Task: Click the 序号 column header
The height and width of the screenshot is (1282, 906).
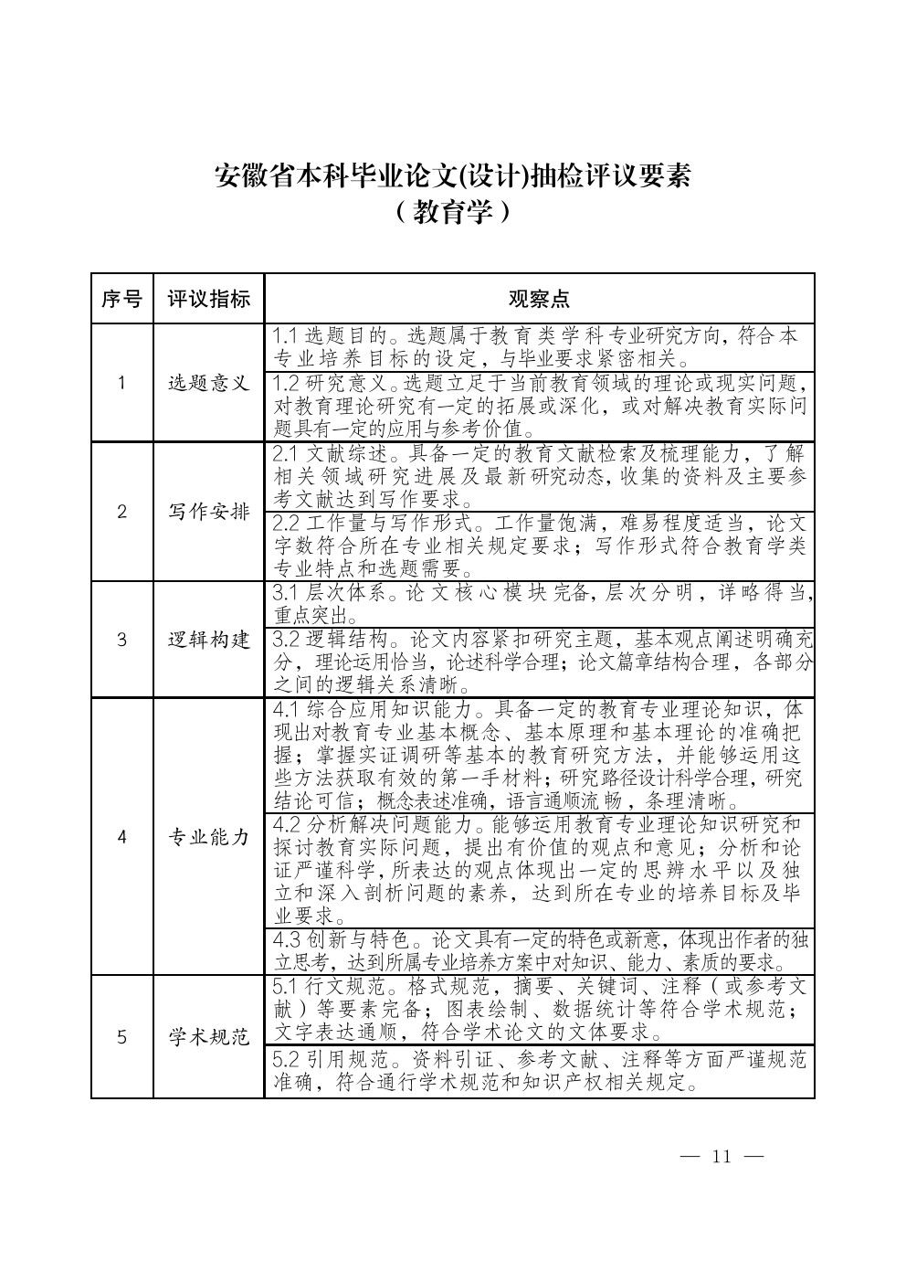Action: [121, 299]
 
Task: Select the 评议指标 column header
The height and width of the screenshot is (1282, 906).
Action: [208, 299]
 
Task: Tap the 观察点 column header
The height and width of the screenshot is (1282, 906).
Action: [539, 299]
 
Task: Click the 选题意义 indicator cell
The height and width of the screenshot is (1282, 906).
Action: [208, 383]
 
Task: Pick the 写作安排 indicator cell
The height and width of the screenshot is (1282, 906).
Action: [208, 512]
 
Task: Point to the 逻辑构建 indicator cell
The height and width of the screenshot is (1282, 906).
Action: [208, 640]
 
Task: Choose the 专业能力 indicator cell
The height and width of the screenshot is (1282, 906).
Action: [208, 837]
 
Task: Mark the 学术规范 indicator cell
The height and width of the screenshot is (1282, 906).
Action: [208, 1036]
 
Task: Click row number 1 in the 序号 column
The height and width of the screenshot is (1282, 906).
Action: [121, 383]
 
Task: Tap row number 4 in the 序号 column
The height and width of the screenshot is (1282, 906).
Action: [121, 837]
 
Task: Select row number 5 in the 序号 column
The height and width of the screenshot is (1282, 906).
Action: [121, 1036]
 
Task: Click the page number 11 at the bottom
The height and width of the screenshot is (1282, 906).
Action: [722, 1157]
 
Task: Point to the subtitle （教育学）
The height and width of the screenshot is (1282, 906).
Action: [452, 213]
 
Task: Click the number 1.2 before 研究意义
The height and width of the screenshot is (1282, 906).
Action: [287, 382]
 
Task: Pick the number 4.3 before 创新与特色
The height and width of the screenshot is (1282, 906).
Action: [287, 940]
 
